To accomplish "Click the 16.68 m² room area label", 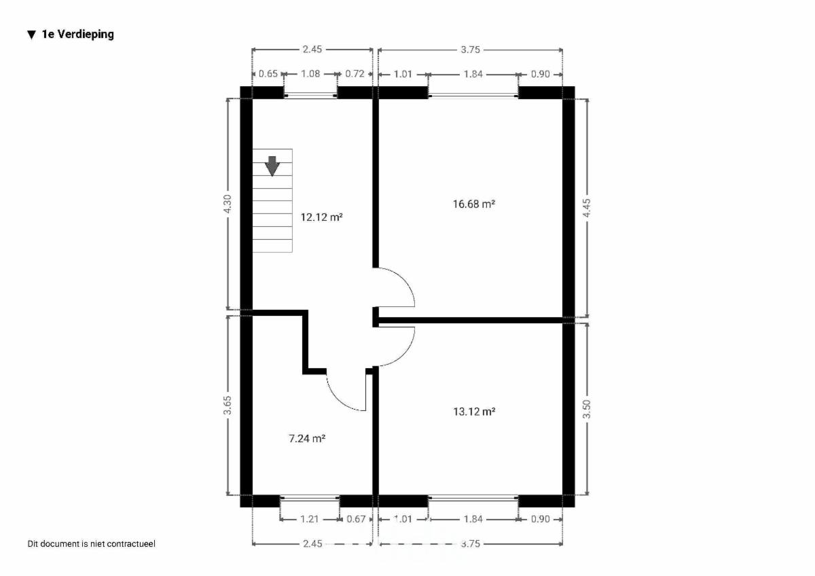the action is [x=474, y=204].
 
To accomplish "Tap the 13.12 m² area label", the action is [x=474, y=412].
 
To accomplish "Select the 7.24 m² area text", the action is [x=307, y=439].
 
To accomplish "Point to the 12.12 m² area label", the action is [x=321, y=217].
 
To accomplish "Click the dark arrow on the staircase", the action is [x=272, y=166].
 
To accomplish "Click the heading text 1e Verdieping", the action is [x=78, y=35].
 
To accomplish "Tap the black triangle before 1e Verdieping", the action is [x=32, y=35].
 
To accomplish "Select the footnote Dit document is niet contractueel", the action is [x=91, y=543].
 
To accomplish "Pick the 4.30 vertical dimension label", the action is [x=228, y=204].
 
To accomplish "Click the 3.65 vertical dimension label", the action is [x=228, y=406].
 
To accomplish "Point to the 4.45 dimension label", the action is [x=587, y=208].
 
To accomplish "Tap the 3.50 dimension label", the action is [x=587, y=409].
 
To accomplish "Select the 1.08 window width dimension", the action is [x=310, y=74].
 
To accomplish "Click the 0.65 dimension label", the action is [x=268, y=74].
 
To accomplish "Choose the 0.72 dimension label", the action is [x=355, y=74].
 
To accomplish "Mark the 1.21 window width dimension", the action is [x=310, y=519].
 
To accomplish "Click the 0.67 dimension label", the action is [x=356, y=519].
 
